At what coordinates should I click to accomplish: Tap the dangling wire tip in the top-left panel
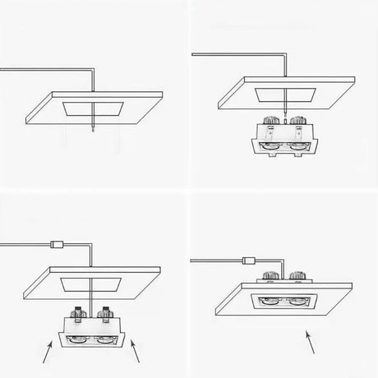(94, 131)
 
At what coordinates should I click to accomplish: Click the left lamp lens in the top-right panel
(268, 149)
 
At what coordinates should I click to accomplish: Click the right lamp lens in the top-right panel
(297, 149)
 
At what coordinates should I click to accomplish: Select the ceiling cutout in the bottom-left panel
(89, 284)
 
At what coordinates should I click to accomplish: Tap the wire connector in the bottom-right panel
(247, 262)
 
